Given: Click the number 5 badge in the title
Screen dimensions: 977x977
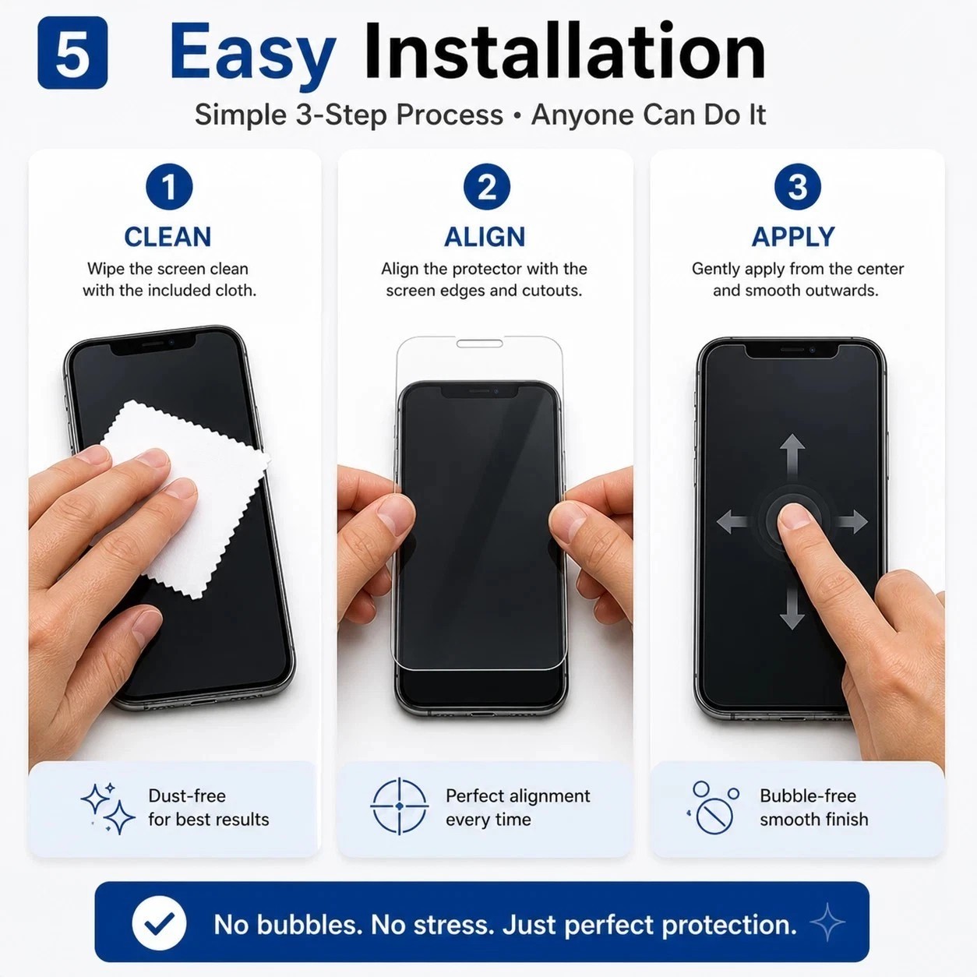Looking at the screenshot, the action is [72, 52].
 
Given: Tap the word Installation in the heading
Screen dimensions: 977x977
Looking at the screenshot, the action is [564, 51].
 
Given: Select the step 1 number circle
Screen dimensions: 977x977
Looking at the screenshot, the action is [169, 186].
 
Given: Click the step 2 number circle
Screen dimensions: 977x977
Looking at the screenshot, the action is [487, 186].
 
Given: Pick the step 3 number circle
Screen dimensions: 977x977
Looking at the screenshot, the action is [798, 186].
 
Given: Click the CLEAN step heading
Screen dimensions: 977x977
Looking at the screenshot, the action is [168, 237].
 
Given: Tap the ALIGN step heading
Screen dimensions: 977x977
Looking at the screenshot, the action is [485, 237].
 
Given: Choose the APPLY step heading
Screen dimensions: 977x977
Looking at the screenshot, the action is [793, 237].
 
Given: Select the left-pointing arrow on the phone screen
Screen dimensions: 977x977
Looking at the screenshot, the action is [732, 522].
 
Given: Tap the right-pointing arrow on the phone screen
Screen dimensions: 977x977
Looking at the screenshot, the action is [852, 522].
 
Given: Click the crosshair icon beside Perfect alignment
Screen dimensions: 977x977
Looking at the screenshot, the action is [400, 806].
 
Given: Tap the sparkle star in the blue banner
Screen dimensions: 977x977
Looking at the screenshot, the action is [827, 922].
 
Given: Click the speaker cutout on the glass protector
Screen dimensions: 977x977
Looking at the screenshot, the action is [480, 344].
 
